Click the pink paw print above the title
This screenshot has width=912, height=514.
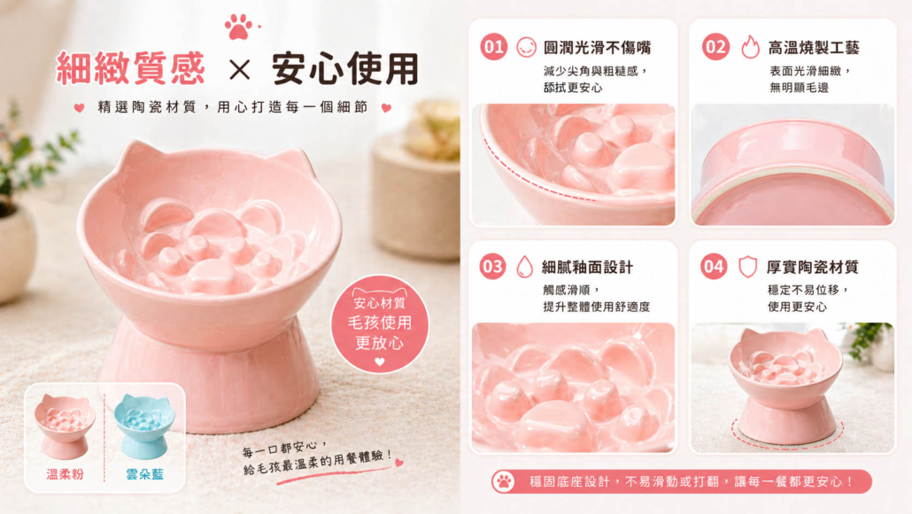tap(238, 27)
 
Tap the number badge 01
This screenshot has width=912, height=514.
tap(494, 47)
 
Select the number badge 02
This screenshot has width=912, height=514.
tap(715, 47)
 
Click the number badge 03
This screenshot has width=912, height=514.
tap(492, 267)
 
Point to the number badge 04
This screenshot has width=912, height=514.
tap(713, 267)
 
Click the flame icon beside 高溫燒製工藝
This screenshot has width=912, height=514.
tap(750, 47)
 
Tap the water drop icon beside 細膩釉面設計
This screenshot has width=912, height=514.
tap(525, 267)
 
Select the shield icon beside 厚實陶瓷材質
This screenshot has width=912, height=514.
tap(747, 267)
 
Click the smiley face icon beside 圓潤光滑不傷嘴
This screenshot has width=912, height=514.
tap(526, 47)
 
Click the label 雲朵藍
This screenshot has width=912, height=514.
tap(144, 474)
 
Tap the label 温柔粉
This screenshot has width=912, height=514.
tap(66, 474)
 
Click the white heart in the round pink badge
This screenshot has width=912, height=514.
tap(380, 362)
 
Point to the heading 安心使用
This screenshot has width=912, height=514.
tap(345, 69)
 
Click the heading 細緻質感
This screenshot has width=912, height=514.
tap(131, 69)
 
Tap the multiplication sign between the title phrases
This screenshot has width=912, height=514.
tap(239, 70)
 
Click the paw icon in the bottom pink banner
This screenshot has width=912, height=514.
tap(504, 482)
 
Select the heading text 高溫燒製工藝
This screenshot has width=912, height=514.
tap(814, 48)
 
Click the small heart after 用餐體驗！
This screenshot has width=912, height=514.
tap(399, 463)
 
